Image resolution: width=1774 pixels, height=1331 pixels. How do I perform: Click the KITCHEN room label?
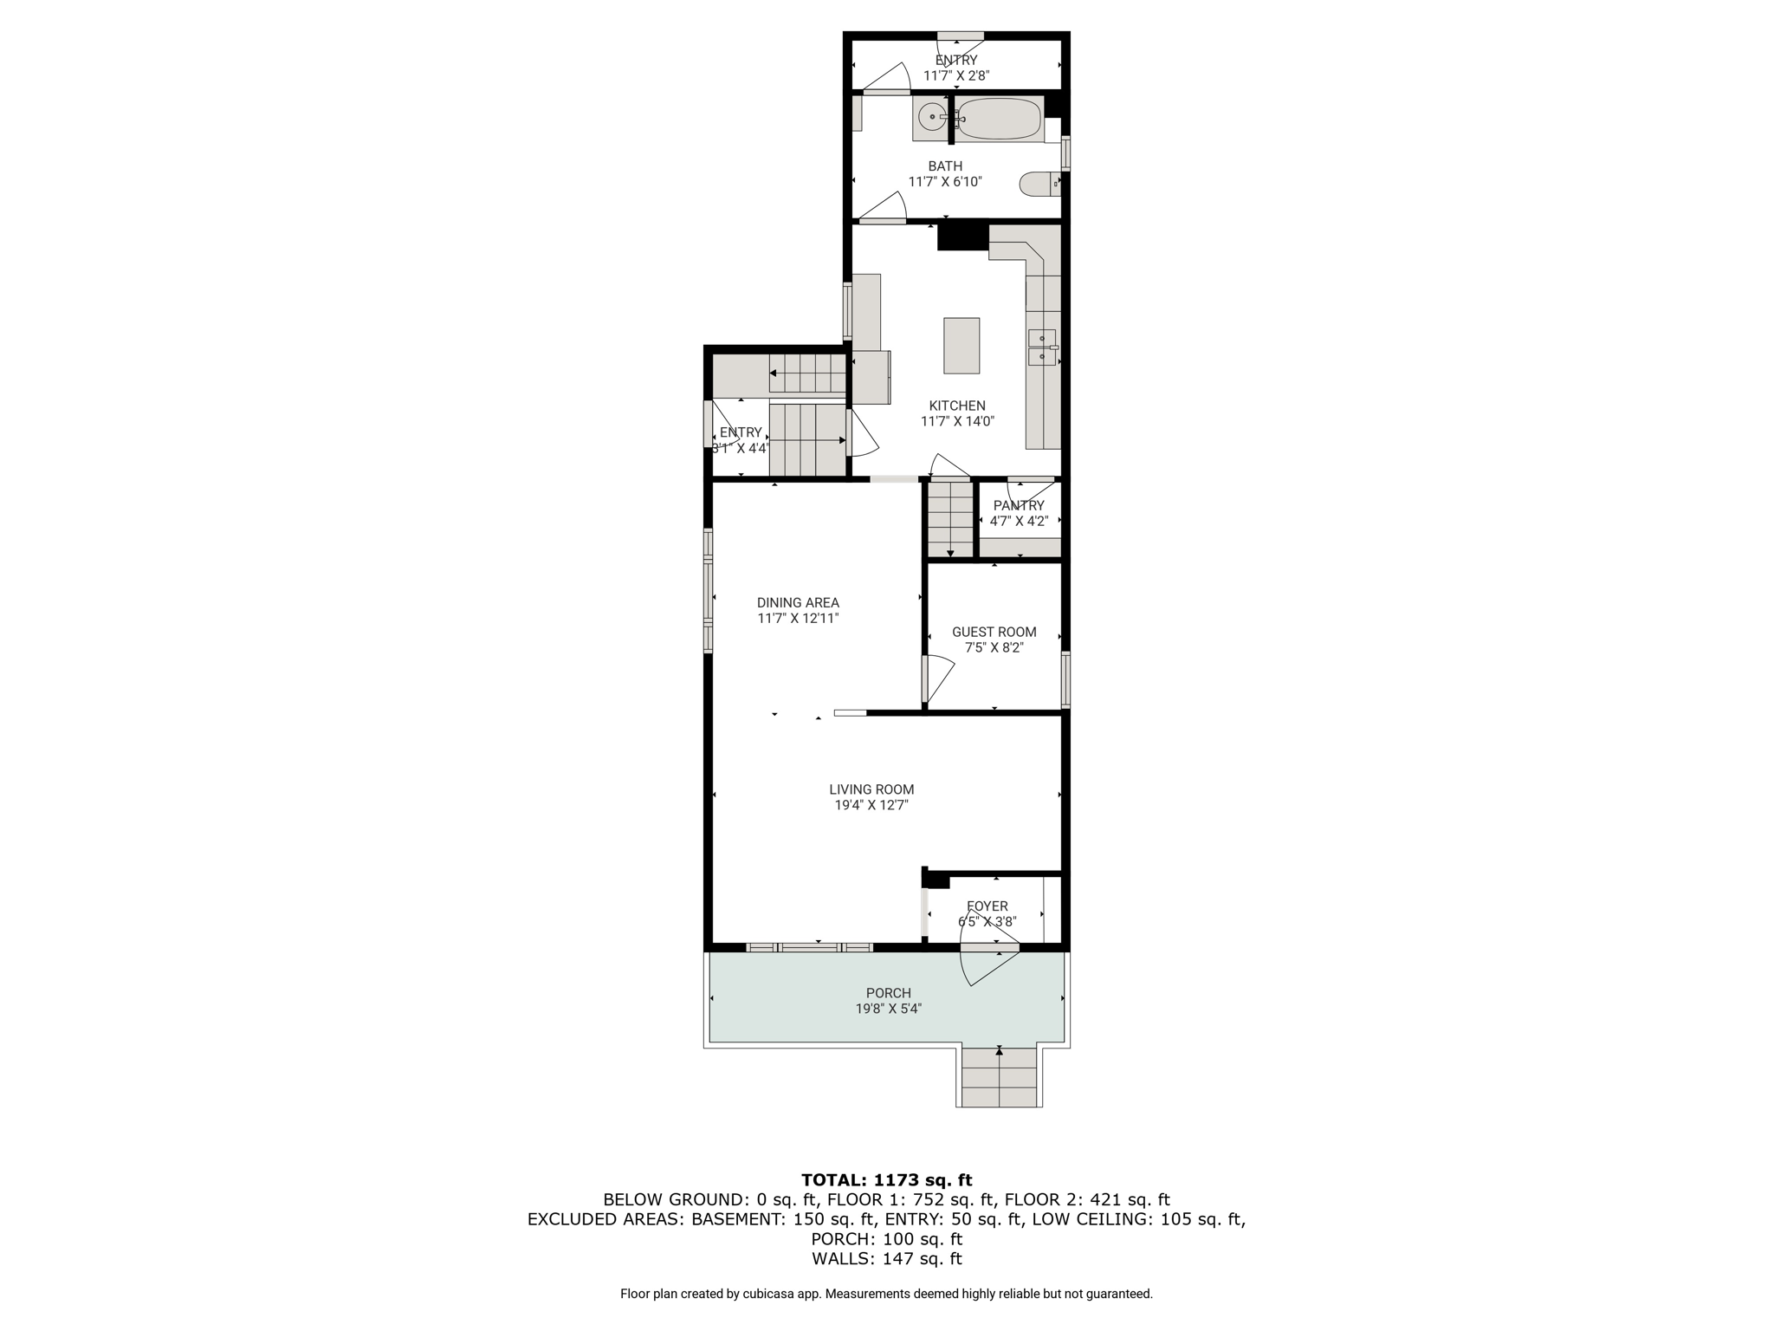click(957, 406)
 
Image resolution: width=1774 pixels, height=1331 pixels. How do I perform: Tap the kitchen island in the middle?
click(961, 346)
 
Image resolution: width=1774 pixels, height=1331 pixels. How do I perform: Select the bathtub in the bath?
click(999, 119)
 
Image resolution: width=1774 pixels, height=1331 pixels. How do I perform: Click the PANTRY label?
click(1019, 505)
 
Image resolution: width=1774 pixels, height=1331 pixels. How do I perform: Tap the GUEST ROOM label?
click(994, 632)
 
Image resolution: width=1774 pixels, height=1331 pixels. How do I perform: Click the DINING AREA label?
click(798, 602)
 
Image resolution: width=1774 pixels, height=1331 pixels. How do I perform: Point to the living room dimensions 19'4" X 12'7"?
click(871, 805)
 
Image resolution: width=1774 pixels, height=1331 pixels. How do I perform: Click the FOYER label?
click(987, 906)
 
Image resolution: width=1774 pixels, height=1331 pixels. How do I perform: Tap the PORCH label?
click(889, 993)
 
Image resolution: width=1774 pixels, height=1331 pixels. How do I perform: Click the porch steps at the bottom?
click(999, 1077)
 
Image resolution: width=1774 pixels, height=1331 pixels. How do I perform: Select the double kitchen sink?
click(1042, 347)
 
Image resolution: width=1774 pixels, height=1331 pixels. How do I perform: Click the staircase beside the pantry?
click(950, 520)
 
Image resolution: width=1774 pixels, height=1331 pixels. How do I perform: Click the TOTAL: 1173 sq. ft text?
click(887, 1179)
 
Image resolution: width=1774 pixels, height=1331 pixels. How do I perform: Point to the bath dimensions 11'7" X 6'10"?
click(945, 182)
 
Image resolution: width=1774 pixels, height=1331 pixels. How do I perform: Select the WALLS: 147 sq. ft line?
click(887, 1259)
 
